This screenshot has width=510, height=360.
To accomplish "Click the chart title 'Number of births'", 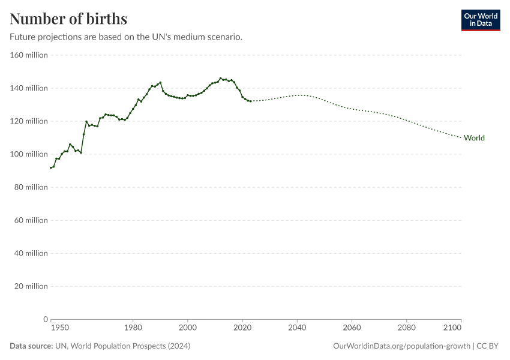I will point(68,18).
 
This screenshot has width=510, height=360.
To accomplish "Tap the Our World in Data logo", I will point(480,20).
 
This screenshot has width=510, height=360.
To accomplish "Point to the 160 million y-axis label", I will point(28,55).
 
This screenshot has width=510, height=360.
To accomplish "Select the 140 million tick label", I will point(28,88).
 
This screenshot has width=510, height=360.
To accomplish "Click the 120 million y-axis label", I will point(28,121).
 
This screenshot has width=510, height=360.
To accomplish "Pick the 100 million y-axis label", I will point(28,154).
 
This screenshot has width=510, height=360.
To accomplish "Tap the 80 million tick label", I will point(30,187).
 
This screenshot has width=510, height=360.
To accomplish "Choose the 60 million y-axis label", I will point(30,220).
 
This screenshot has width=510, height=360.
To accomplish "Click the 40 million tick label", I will point(30,253).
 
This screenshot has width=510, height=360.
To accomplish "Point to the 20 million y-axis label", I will point(30,286).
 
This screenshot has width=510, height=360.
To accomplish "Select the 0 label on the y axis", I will point(45,319).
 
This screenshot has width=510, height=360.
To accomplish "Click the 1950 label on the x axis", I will point(59,328).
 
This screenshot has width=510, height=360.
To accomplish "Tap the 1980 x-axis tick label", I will point(133,328).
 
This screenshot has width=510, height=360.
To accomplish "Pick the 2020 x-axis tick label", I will point(242,328).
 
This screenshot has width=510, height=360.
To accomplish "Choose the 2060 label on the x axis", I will point(352,328).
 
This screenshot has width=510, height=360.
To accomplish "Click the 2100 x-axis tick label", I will point(452,328).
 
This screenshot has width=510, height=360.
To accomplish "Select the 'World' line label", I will point(474,138).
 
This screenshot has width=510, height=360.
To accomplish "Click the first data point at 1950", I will point(51,168).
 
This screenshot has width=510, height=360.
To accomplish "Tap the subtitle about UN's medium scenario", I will point(126,37).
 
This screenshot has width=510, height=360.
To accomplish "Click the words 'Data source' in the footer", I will point(31,346).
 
